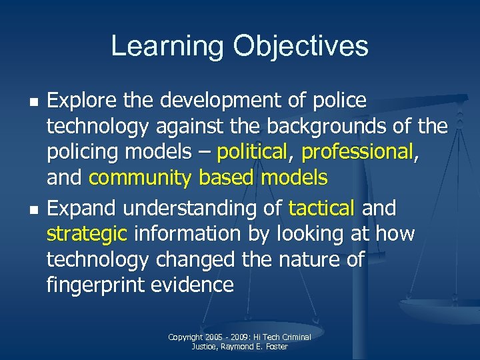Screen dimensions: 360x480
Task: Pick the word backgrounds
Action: pos(336,127)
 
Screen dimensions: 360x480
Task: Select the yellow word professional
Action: pos(357,153)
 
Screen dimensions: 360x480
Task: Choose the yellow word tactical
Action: pos(321,209)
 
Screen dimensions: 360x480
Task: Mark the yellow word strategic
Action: pos(87,234)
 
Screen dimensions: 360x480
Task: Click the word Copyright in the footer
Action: pos(185,337)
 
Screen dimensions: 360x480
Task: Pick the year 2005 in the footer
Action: pos(214,337)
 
